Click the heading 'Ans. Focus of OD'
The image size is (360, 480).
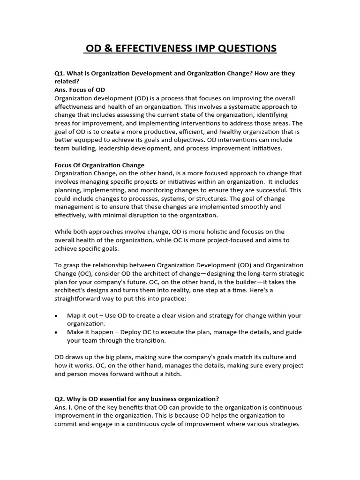coord(80,90)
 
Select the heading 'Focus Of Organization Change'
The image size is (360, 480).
coord(99,165)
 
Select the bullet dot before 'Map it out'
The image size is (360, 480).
coord(56,315)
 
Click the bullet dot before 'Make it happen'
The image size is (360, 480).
coord(56,332)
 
